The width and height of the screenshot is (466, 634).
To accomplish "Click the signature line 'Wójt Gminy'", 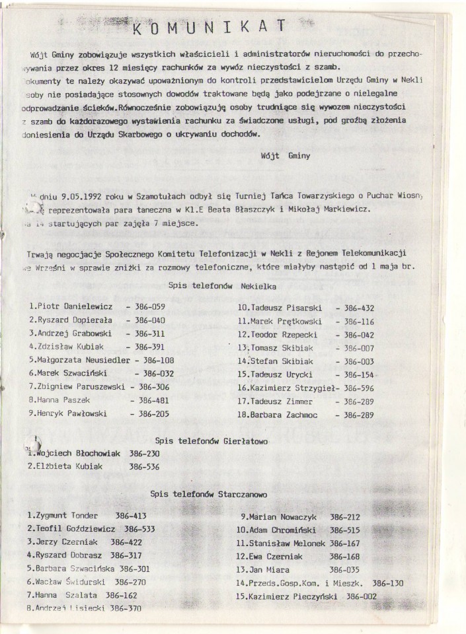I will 289,158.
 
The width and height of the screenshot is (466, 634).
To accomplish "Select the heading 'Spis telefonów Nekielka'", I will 222,287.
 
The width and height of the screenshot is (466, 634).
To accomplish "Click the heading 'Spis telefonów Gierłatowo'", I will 212,440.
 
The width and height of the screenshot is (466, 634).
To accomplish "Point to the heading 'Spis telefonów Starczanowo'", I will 208,493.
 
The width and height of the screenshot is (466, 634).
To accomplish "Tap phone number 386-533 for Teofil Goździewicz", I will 139,528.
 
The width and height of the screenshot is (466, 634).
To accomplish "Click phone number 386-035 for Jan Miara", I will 344,569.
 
